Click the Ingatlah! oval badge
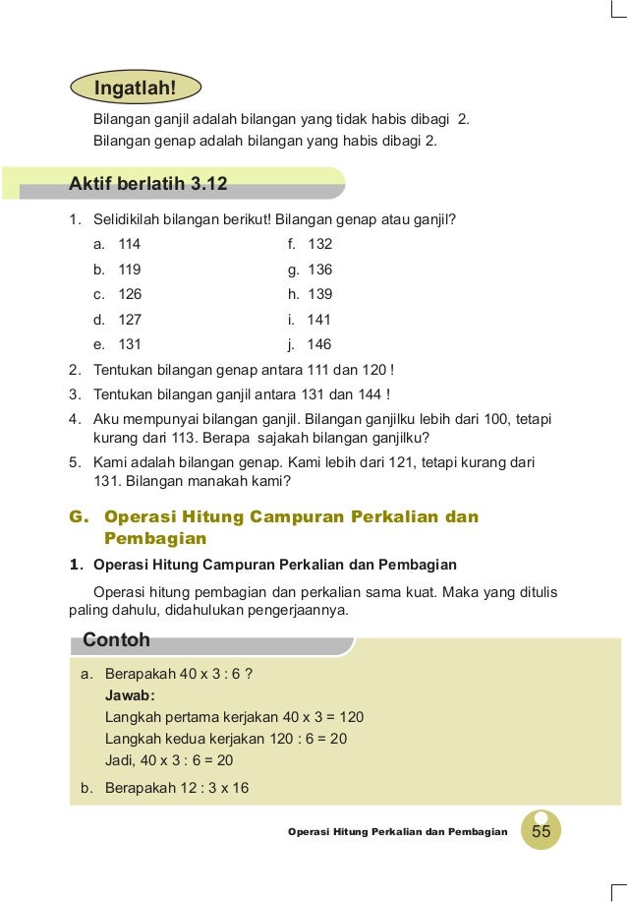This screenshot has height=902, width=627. click(136, 88)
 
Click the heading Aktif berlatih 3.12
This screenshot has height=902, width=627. click(148, 183)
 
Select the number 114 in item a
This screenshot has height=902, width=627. click(130, 244)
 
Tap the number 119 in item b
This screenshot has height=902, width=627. click(130, 270)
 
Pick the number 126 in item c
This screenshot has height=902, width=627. click(130, 294)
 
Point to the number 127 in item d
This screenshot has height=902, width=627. click(130, 320)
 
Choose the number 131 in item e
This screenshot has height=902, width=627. click(130, 344)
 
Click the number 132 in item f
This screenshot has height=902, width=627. click(319, 244)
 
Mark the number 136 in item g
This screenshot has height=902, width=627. click(319, 270)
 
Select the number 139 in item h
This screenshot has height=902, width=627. click(319, 294)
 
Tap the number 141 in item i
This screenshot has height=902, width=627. click(319, 320)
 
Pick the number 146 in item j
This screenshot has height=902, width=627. click(319, 344)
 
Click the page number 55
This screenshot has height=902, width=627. click(541, 831)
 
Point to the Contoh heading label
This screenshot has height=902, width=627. click(117, 640)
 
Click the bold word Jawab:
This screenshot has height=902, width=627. click(130, 695)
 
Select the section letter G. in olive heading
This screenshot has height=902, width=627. click(79, 516)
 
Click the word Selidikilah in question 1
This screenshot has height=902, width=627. click(132, 218)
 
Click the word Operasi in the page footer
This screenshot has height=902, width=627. click(310, 832)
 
